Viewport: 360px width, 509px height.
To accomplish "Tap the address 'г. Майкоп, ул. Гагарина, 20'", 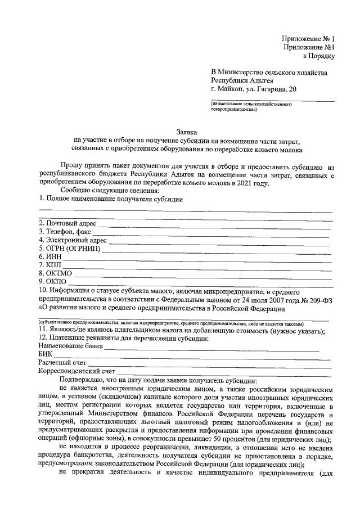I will coord(251,89).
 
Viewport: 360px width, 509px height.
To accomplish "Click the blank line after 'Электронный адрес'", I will coord(219,243).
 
